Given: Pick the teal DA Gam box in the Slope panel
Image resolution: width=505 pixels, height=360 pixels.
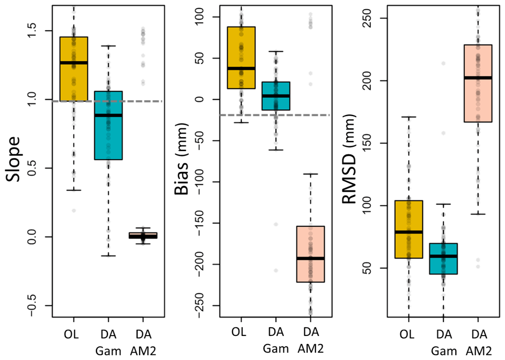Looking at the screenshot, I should point(108,126).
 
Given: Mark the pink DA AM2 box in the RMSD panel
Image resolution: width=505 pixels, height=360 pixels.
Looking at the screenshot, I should point(478,83).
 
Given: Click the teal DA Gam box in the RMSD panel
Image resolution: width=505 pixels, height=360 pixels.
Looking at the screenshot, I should point(443,259).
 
